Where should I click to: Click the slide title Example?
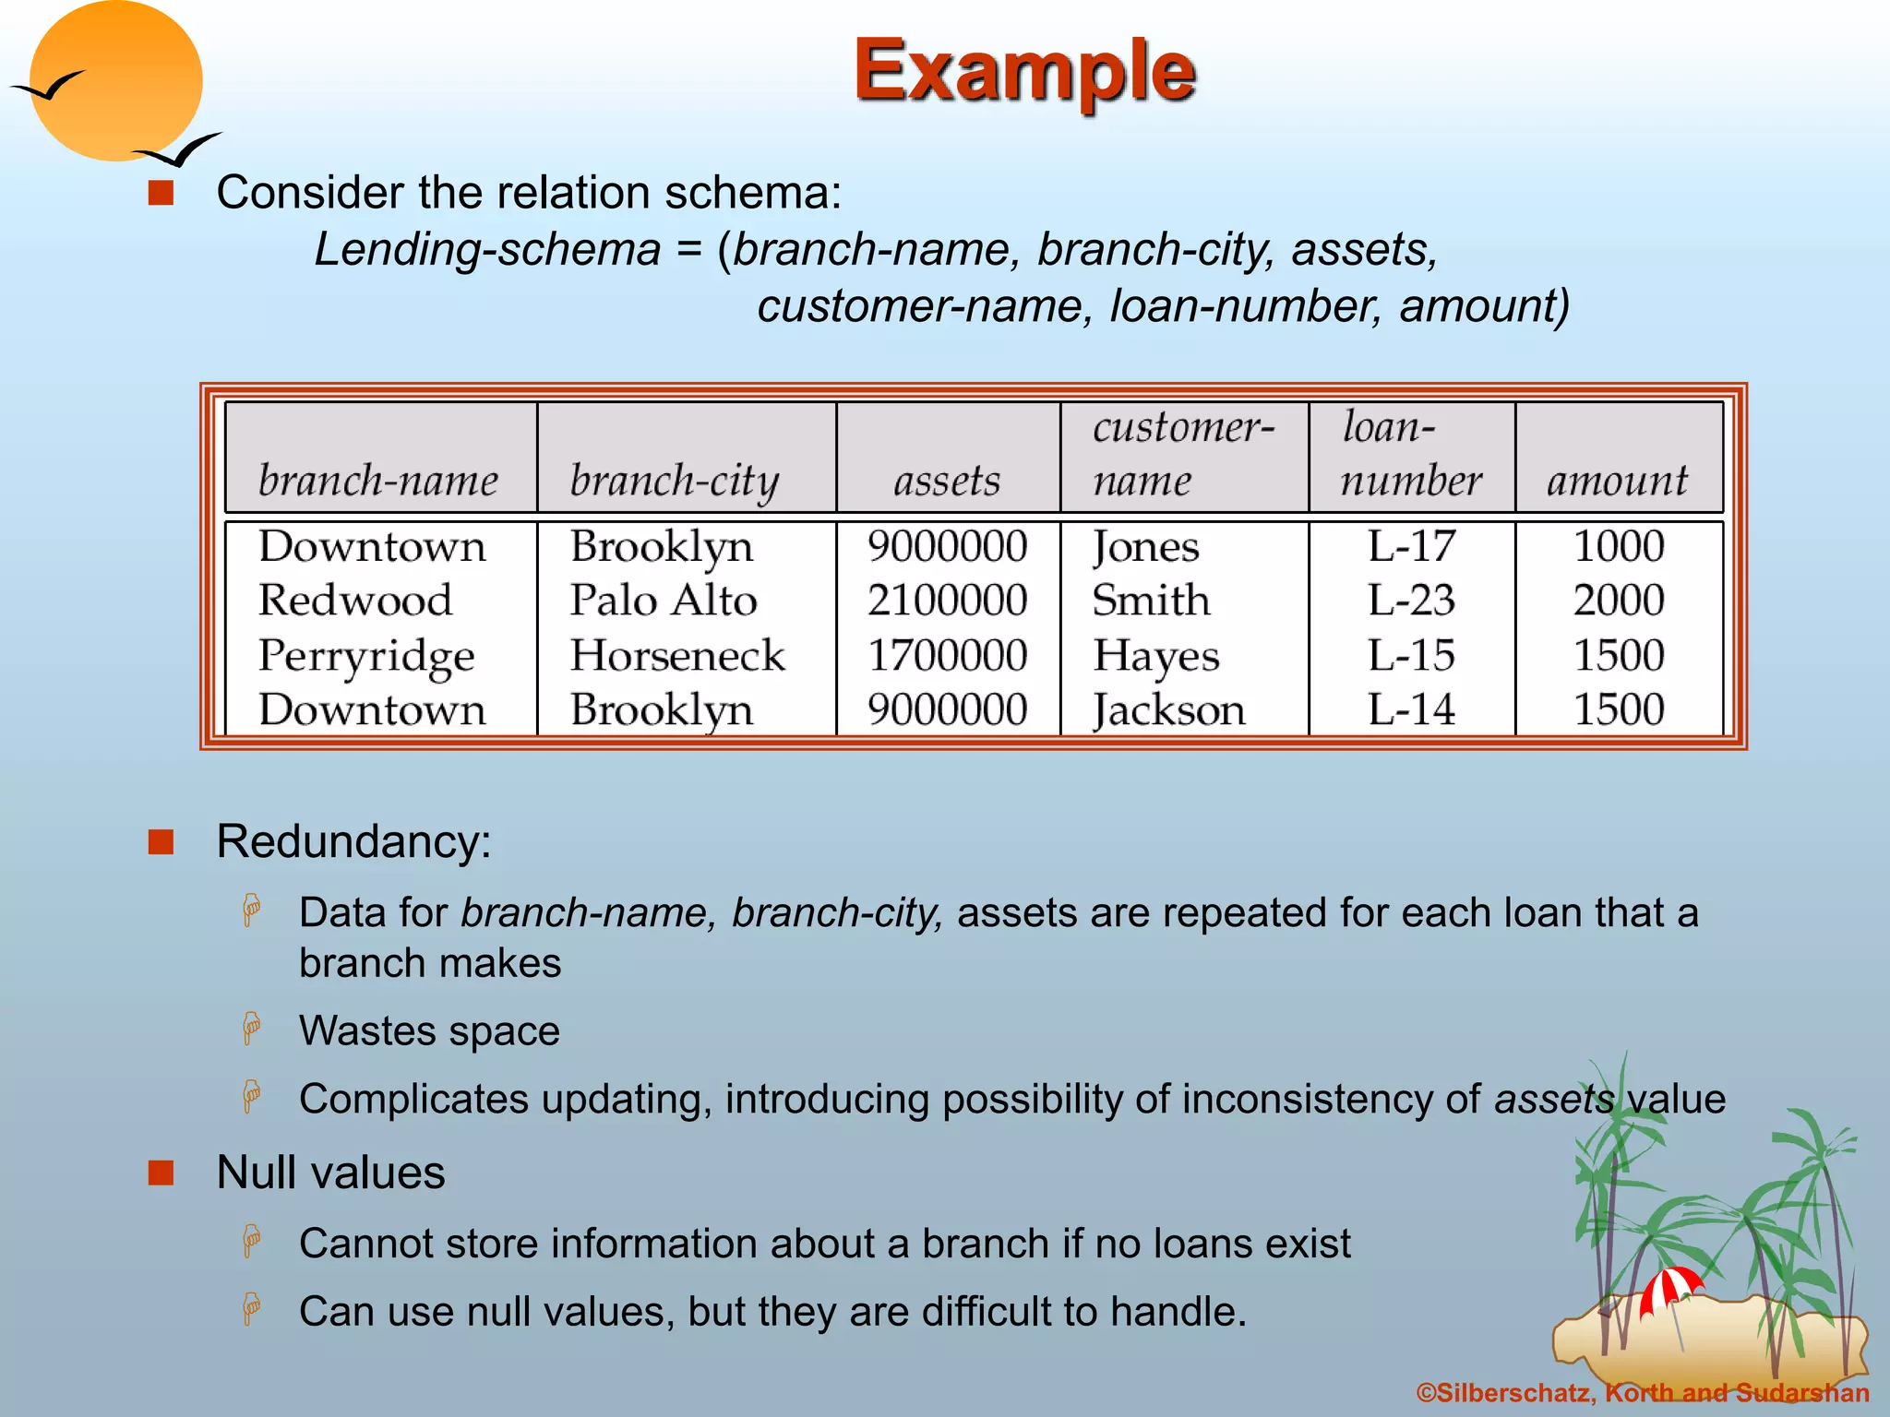(x=1024, y=72)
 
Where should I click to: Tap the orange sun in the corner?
(x=115, y=81)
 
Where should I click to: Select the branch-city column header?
(x=675, y=481)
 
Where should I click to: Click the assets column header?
(x=947, y=481)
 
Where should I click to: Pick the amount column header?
(x=1617, y=481)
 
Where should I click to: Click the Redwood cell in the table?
(x=355, y=601)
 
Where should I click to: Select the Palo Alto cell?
(x=664, y=601)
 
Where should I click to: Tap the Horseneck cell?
(x=677, y=656)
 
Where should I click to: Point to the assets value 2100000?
(x=947, y=601)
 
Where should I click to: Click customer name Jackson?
(x=1169, y=710)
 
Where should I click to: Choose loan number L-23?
(x=1411, y=601)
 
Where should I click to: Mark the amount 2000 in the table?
(x=1619, y=601)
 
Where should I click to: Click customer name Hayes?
(x=1156, y=656)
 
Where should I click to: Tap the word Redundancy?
(x=353, y=841)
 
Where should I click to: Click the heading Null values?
(x=330, y=1173)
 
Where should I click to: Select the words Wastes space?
(x=429, y=1030)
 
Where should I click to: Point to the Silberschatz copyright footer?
(x=1643, y=1393)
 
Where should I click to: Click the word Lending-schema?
(x=487, y=249)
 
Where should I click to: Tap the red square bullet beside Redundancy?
(x=161, y=841)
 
